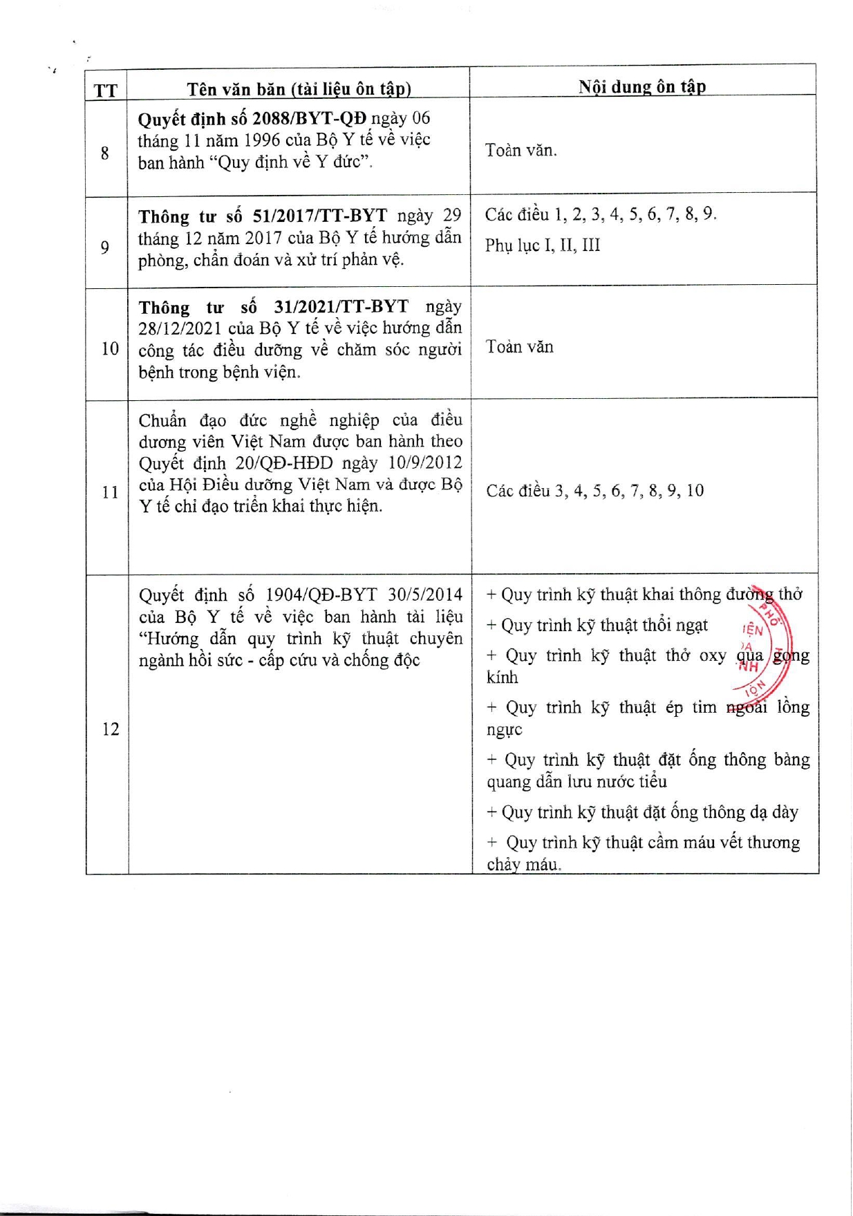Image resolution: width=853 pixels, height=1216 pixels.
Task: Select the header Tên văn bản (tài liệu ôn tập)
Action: pyautogui.click(x=299, y=89)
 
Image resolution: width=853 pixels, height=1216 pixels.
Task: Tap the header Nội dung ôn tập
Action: pyautogui.click(x=642, y=86)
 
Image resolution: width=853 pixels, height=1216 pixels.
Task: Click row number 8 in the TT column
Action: pyautogui.click(x=105, y=153)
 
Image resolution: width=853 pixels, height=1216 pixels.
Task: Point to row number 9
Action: pyautogui.click(x=105, y=247)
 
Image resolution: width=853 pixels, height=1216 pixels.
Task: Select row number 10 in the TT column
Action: pyautogui.click(x=110, y=348)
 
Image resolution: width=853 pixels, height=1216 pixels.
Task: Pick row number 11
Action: pyautogui.click(x=110, y=492)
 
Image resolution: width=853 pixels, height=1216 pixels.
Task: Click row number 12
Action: pyautogui.click(x=110, y=729)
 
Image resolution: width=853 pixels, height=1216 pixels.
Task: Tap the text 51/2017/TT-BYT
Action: pyautogui.click(x=320, y=216)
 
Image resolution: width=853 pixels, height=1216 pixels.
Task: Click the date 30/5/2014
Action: pyautogui.click(x=425, y=595)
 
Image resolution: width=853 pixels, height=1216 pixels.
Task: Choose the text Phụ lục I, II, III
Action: pyautogui.click(x=543, y=245)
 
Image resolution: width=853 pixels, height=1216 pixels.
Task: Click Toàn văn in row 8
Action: pyautogui.click(x=521, y=150)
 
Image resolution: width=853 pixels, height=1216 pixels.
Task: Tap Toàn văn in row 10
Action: pyautogui.click(x=519, y=347)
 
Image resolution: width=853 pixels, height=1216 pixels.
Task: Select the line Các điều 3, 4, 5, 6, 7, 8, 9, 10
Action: pyautogui.click(x=594, y=491)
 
